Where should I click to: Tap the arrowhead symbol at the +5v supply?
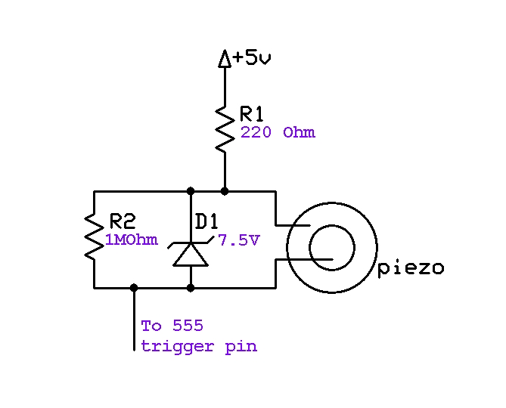pos(225,58)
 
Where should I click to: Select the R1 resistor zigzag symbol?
pos(225,128)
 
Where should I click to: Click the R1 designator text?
pos(252,114)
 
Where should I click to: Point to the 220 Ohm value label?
pos(278,133)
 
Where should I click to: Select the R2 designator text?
pos(123,221)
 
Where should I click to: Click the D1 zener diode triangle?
pos(190,255)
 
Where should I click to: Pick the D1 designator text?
pos(207,221)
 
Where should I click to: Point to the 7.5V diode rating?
pos(239,240)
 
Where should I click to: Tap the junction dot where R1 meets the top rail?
pos(225,190)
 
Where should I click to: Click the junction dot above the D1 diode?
pos(190,190)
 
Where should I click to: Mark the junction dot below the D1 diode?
pos(190,287)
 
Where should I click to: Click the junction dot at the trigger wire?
pos(135,287)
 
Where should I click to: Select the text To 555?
pos(172,326)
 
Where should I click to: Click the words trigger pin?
pos(199,347)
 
